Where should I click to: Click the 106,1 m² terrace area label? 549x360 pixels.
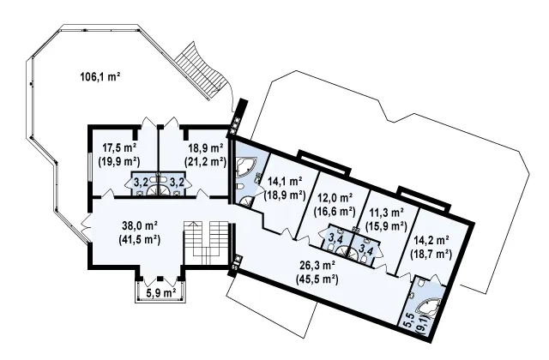(100, 76)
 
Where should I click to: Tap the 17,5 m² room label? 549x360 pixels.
(119, 148)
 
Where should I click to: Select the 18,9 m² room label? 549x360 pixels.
(206, 148)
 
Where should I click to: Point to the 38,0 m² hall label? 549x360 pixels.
(140, 225)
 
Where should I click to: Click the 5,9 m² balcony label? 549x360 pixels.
(160, 293)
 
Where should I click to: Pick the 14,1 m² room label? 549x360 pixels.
(285, 181)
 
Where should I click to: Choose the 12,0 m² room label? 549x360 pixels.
(335, 198)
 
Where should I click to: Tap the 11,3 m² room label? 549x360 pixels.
(386, 213)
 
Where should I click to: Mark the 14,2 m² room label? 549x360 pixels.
(431, 240)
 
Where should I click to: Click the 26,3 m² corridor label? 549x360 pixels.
(317, 266)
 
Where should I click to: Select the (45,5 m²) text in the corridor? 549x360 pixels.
(317, 279)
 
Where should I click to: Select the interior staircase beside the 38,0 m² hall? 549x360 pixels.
(206, 243)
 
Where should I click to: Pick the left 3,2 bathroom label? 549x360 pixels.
(140, 182)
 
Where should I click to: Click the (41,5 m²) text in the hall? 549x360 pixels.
(140, 240)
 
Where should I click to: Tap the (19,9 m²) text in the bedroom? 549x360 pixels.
(119, 162)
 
